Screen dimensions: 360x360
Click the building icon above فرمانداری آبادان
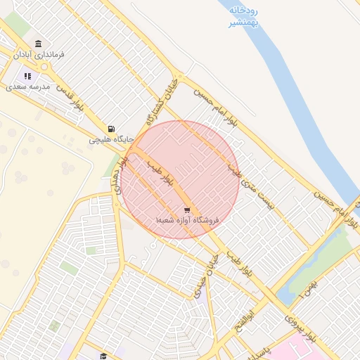tap(38, 44)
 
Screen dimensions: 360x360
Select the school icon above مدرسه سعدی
tap(28, 76)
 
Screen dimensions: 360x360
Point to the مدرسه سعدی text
tap(29, 86)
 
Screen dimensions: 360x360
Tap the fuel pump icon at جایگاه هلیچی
tap(112, 129)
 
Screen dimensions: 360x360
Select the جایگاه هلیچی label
tap(106, 140)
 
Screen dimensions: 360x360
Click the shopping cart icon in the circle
tap(186, 210)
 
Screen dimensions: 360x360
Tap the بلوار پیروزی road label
tap(300, 327)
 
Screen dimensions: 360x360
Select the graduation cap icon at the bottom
tap(103, 356)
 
